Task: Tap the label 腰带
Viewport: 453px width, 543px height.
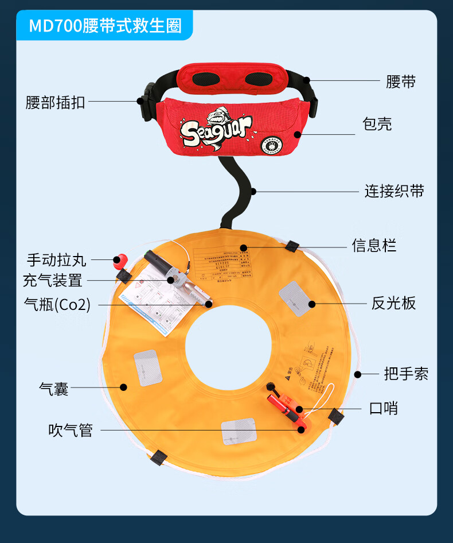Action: (400, 82)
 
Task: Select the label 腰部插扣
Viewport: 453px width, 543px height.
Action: (55, 102)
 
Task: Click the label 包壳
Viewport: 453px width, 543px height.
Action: (377, 124)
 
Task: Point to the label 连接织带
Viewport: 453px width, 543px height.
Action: (394, 191)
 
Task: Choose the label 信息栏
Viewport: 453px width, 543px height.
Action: (374, 246)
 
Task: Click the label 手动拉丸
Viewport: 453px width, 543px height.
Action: (56, 260)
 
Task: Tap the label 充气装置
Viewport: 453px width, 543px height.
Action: (52, 281)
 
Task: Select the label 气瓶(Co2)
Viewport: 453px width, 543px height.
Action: (57, 304)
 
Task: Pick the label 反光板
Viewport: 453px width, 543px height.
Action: (393, 303)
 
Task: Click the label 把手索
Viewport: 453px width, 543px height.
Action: (406, 374)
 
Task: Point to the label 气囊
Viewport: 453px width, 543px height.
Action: (53, 389)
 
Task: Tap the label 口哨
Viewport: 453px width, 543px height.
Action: (383, 409)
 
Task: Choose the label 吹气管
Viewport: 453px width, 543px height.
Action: (70, 430)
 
